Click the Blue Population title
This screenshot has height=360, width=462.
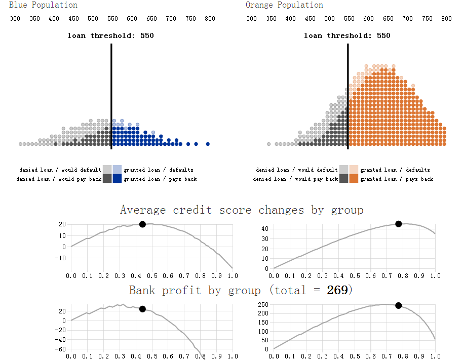coord(43,5)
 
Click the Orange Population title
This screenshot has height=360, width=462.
coord(284,5)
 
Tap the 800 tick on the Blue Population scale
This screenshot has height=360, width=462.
coord(210,19)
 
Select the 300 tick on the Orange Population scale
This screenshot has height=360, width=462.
coord(251,19)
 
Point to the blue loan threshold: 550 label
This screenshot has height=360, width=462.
coord(110,36)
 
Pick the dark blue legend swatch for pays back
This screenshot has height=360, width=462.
coord(117,178)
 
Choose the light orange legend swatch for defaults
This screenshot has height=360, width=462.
coord(354,169)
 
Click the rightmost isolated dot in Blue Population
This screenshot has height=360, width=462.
coord(208,144)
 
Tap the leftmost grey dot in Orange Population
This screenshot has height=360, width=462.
coord(269,144)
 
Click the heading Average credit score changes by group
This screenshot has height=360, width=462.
coord(242,210)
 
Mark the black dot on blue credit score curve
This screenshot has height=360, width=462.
coord(142,224)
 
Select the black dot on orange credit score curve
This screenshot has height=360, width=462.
coord(399,224)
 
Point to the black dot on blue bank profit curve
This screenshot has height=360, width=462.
coord(142,309)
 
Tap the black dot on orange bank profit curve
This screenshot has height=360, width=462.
coord(399,305)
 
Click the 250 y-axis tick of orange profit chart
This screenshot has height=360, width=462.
coord(263,304)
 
